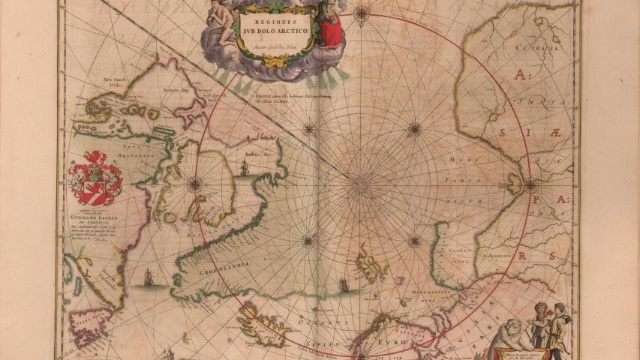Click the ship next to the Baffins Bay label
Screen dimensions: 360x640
[244, 169]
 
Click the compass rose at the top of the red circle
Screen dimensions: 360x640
[362, 13]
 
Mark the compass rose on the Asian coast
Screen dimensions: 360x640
[530, 184]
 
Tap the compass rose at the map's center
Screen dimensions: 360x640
[361, 184]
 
